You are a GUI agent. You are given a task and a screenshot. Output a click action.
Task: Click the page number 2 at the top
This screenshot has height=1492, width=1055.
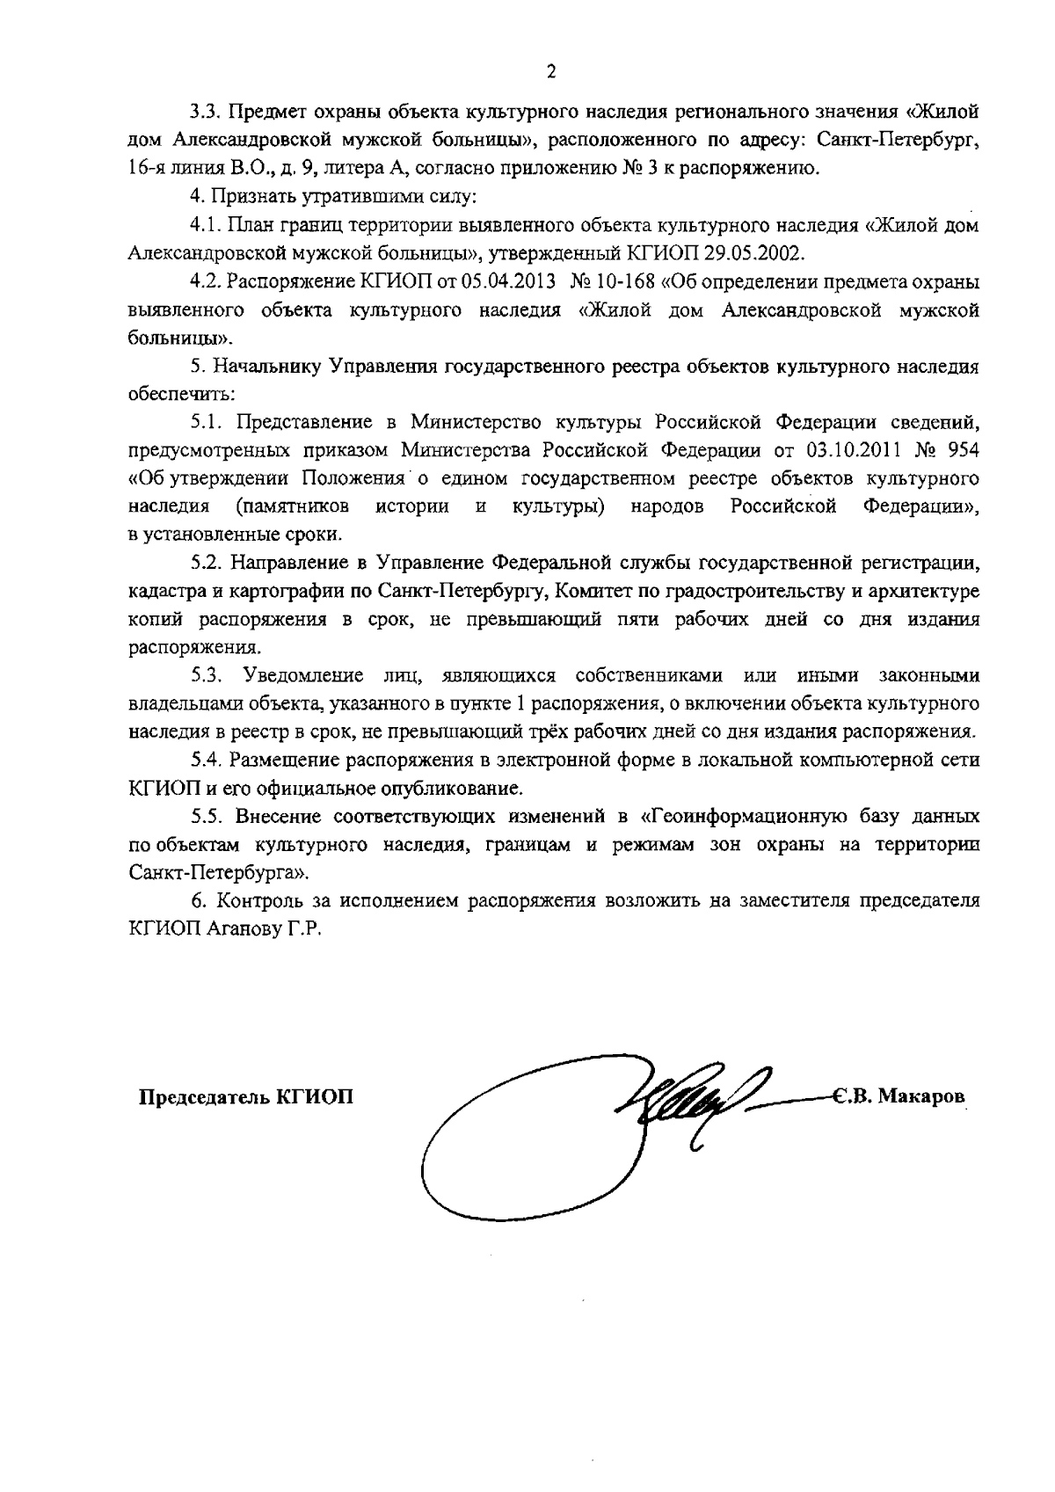[x=551, y=73]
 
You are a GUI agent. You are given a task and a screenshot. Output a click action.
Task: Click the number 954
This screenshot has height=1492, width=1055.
[x=958, y=451]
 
